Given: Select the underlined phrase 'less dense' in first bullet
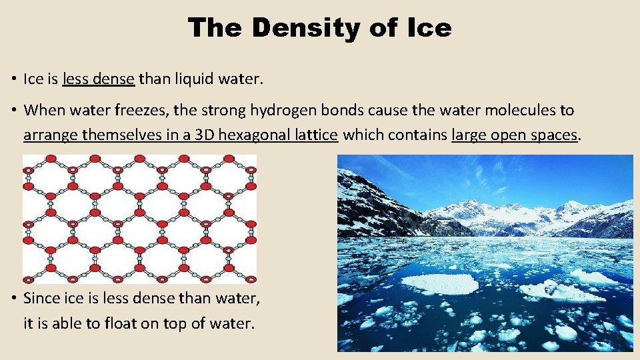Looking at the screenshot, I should coord(99,79).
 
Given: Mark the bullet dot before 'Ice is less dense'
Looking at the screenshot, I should coord(14,80).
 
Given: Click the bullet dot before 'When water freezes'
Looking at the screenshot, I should coord(14,111).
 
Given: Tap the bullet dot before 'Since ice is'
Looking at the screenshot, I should coord(14,299).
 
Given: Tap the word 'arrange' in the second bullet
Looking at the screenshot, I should coord(50,135).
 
